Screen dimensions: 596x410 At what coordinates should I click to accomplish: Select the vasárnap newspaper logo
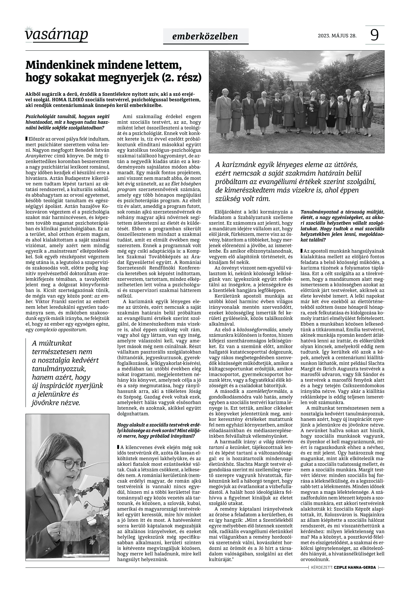tap(56, 34)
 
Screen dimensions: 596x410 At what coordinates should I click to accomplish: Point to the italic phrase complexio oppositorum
tap(60, 330)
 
